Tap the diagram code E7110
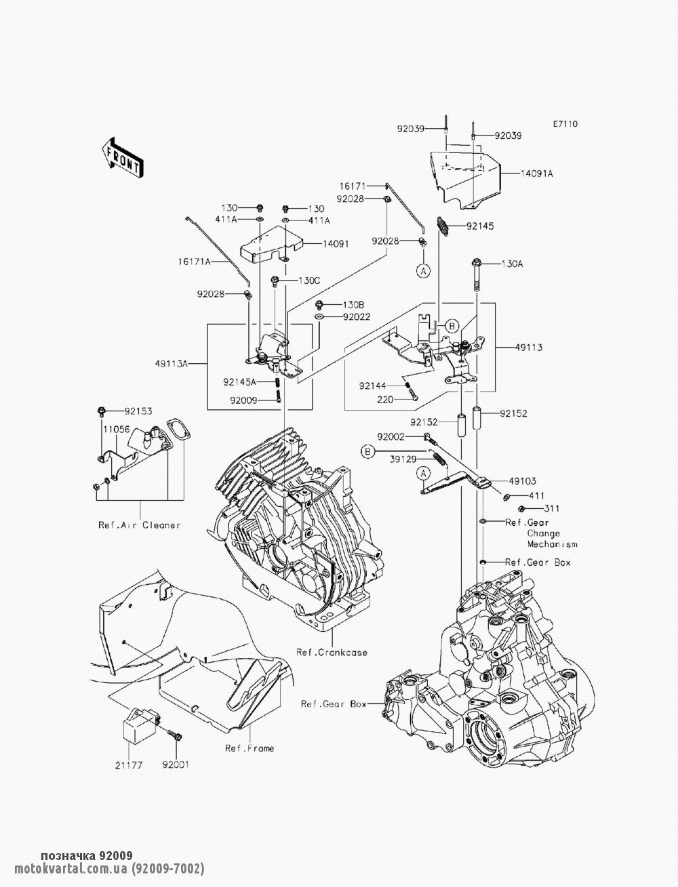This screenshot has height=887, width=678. (x=565, y=124)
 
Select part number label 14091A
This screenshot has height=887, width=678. (x=537, y=173)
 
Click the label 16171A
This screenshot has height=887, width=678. (x=195, y=260)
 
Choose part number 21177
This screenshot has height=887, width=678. (x=127, y=764)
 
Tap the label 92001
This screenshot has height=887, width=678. (x=175, y=764)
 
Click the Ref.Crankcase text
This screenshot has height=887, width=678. (x=332, y=653)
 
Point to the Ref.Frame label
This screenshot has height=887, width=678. (x=250, y=748)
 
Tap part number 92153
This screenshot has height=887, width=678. (x=138, y=411)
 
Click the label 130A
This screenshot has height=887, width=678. (x=513, y=264)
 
